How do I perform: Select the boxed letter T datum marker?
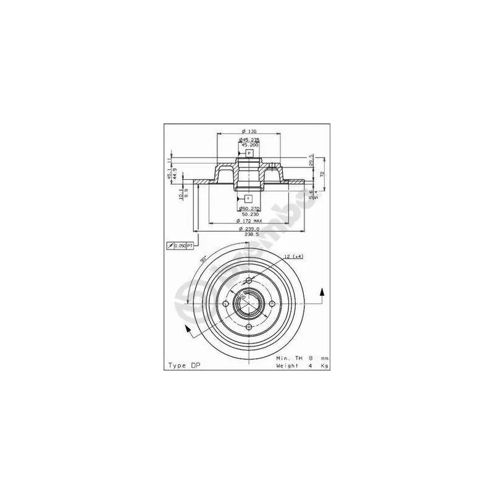click(x=248, y=198)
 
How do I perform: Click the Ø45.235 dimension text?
click(x=249, y=140)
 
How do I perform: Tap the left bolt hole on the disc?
click(x=226, y=304)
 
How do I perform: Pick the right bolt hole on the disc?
click(x=271, y=304)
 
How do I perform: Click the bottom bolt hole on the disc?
click(x=248, y=327)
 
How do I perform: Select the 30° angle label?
click(x=203, y=259)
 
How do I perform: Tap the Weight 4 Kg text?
click(x=302, y=366)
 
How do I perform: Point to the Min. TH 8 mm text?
click(x=302, y=358)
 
